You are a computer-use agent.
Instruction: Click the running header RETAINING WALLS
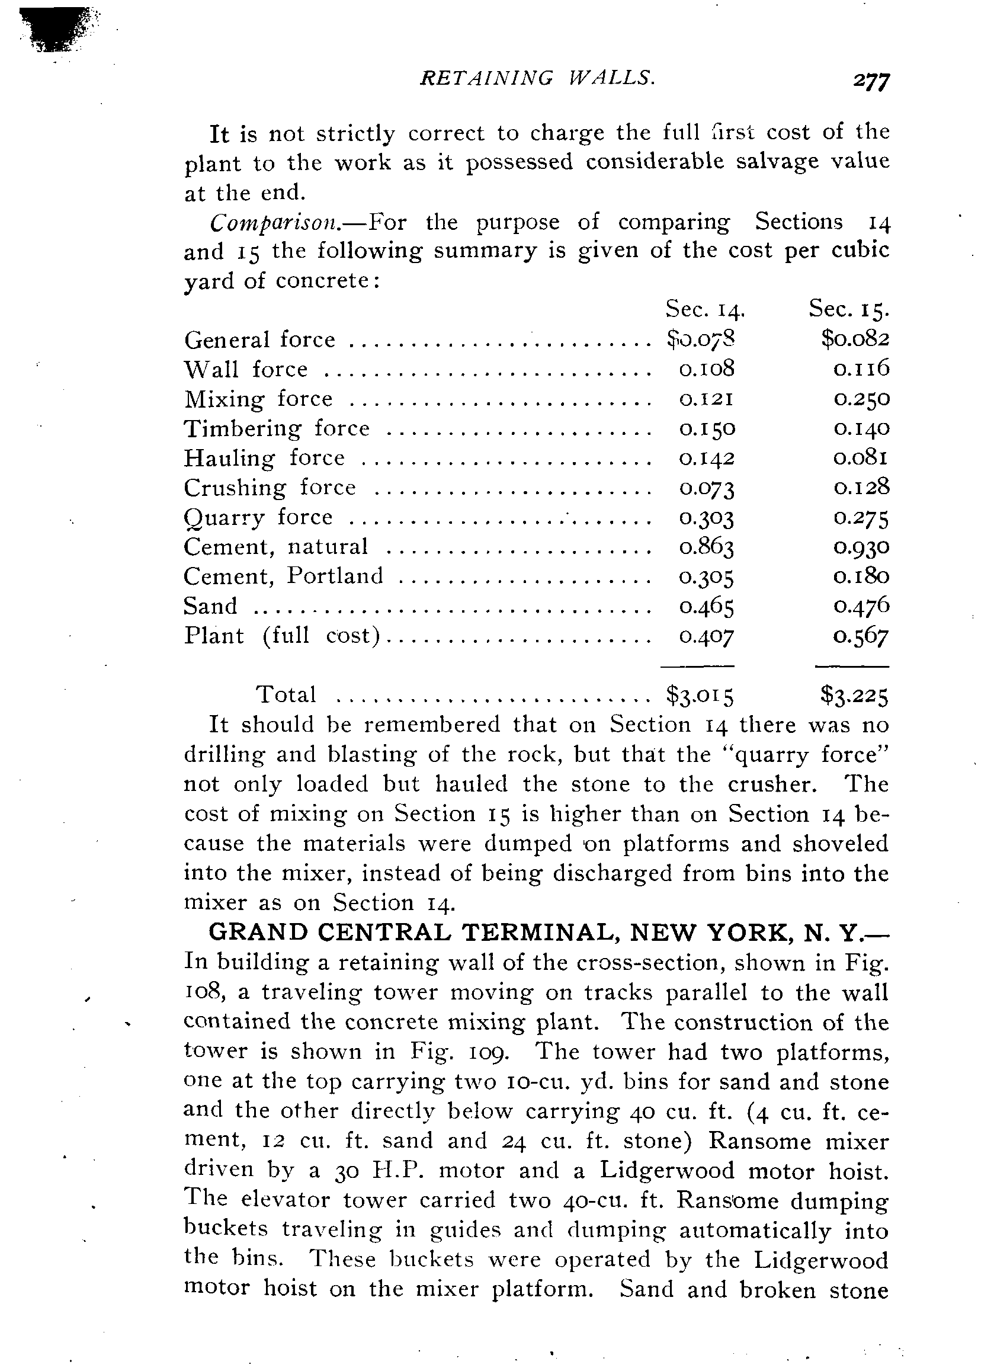tap(537, 78)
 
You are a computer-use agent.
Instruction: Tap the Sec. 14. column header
tap(704, 309)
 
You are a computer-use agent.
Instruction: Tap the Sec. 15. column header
tap(848, 309)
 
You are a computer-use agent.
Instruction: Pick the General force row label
tap(259, 339)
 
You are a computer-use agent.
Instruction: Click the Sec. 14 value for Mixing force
tap(706, 399)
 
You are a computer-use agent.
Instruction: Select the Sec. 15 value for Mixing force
tap(861, 399)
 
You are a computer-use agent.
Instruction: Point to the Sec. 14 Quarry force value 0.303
tap(706, 518)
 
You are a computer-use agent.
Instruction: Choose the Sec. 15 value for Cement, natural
tap(861, 547)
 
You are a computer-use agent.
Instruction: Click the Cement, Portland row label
tap(283, 576)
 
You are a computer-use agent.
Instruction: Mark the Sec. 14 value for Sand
tap(706, 606)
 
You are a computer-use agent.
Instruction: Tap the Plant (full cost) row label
tap(282, 636)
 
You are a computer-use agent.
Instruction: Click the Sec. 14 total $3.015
tap(700, 696)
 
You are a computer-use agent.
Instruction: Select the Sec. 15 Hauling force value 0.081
tap(861, 458)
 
